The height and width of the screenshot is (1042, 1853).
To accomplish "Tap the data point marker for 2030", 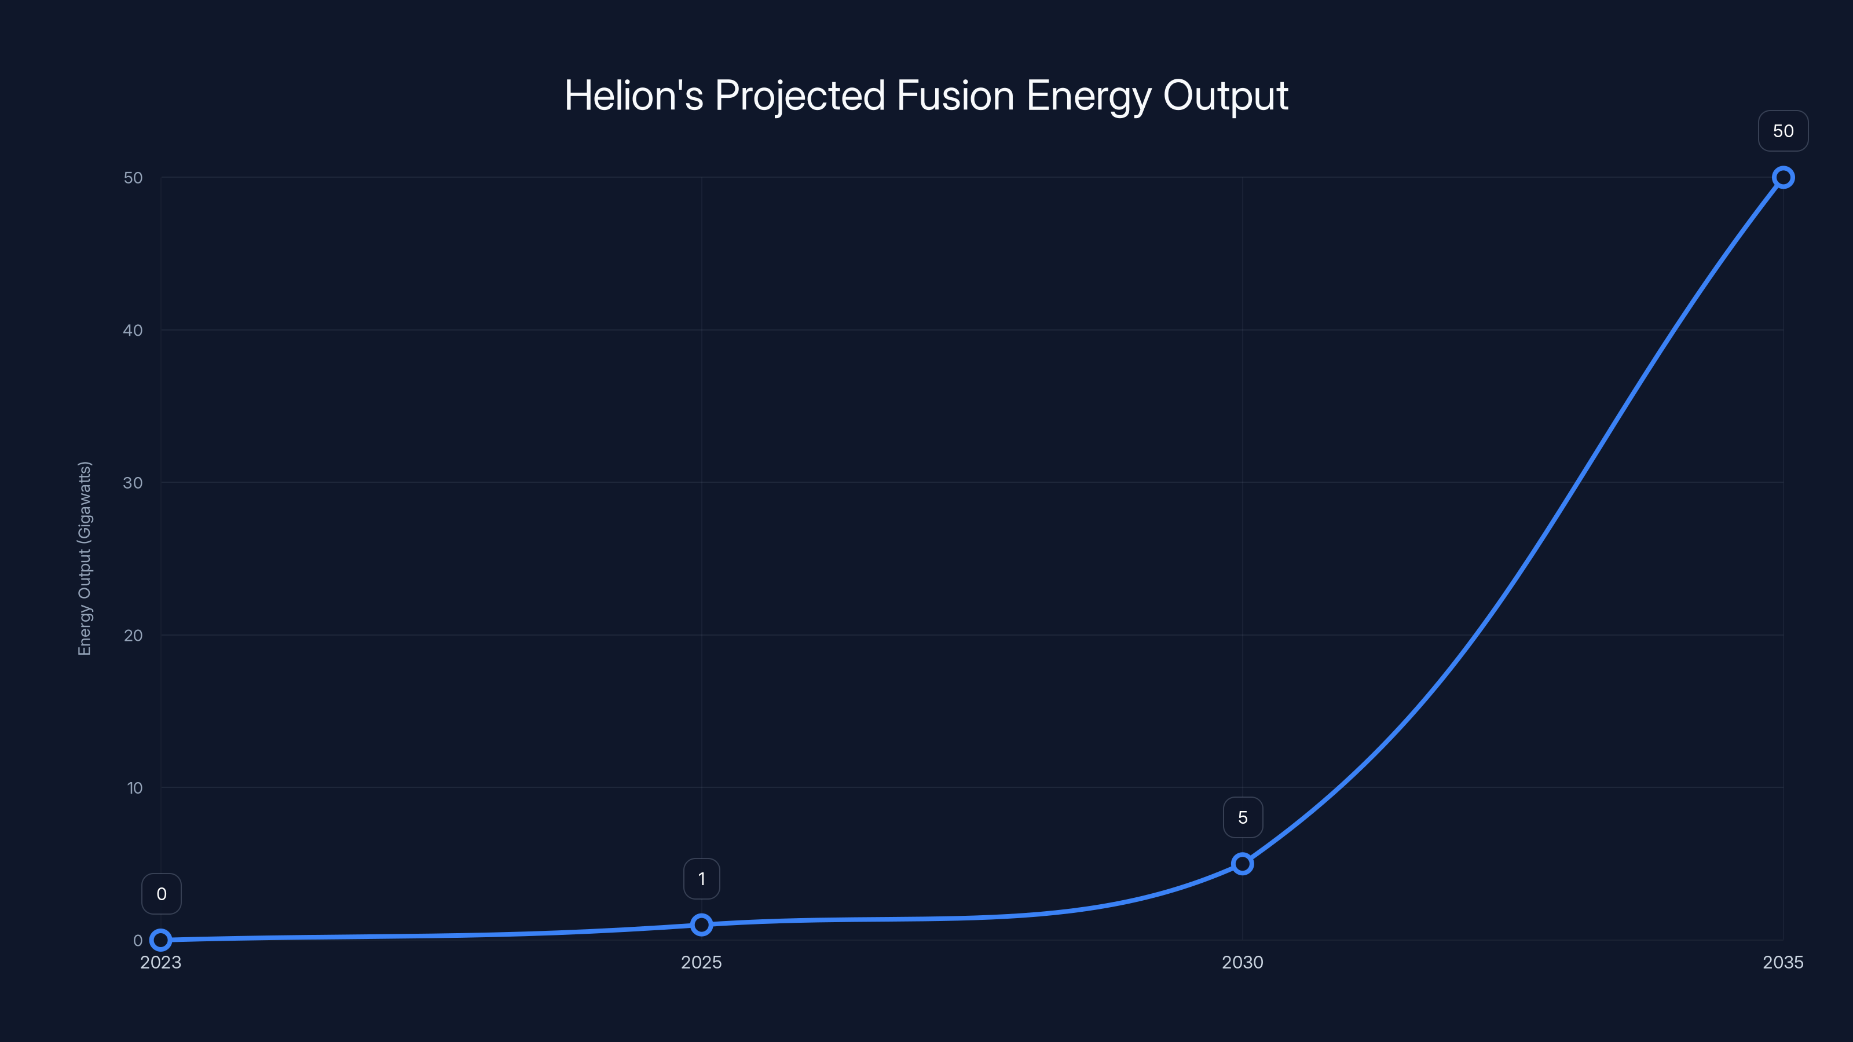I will [1242, 863].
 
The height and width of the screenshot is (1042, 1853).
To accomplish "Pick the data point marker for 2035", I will [1784, 177].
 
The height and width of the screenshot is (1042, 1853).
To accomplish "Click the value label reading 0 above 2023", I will [161, 894].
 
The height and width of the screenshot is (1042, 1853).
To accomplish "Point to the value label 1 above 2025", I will [701, 879].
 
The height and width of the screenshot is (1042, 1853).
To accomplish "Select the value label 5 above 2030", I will [1242, 817].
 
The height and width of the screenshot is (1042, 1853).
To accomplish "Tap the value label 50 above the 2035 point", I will [1784, 131].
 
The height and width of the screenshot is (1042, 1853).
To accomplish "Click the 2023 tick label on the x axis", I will [160, 962].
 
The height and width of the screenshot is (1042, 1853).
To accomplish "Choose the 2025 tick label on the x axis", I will [701, 962].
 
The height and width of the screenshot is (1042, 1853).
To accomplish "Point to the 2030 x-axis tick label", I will [1242, 962].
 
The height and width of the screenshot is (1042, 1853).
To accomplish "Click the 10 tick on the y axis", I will [134, 787].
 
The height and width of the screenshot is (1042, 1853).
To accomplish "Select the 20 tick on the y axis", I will [133, 635].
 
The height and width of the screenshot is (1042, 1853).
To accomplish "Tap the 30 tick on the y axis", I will [133, 483].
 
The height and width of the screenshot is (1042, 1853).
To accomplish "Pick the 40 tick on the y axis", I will [133, 330].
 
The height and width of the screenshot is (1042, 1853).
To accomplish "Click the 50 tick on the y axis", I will [133, 178].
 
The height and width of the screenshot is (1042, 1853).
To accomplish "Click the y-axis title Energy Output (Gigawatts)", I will [85, 558].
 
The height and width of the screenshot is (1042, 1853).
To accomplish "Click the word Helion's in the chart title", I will [633, 96].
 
